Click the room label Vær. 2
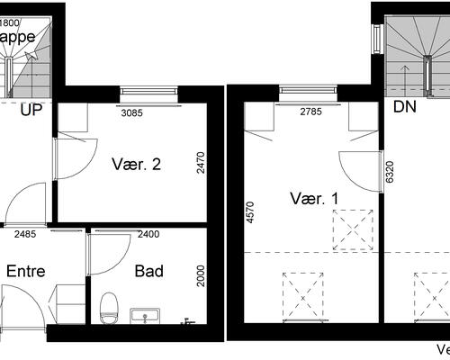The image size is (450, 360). coord(137,165)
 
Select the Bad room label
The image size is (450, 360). coord(148,271)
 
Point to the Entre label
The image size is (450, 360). coord(26,271)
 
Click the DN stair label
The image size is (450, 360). coord(404,108)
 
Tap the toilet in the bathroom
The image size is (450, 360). coord(109,307)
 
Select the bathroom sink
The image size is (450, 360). coord(144,315)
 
